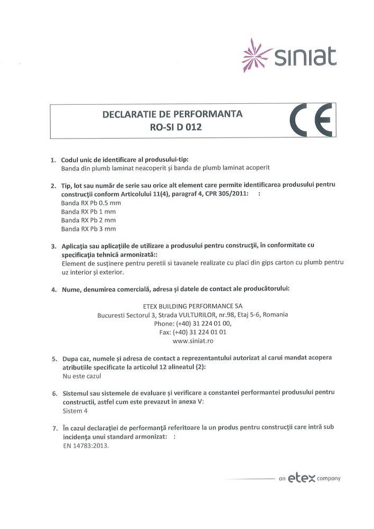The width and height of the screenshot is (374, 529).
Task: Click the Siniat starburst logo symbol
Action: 257,54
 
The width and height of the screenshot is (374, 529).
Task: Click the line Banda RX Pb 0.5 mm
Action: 92,203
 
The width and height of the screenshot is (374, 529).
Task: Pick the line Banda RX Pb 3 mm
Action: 88,229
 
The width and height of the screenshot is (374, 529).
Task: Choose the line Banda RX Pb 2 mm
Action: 88,220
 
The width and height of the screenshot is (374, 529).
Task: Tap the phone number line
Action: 193,323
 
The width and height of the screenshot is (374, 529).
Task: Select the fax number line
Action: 193,332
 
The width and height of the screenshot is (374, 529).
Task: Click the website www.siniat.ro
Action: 193,341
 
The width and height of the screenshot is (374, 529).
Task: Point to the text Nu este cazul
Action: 81,376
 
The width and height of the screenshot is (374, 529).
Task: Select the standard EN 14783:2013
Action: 86,445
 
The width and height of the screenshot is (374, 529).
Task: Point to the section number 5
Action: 54,359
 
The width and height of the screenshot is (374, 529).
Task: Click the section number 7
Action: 54,428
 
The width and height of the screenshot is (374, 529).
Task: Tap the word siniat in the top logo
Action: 305,56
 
